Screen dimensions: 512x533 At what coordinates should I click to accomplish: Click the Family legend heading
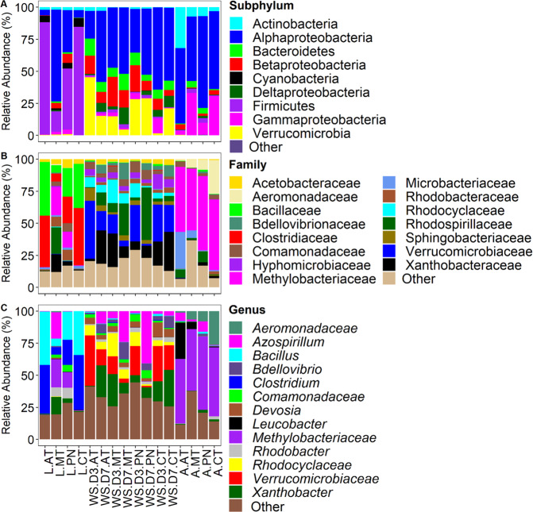[x=249, y=164]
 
